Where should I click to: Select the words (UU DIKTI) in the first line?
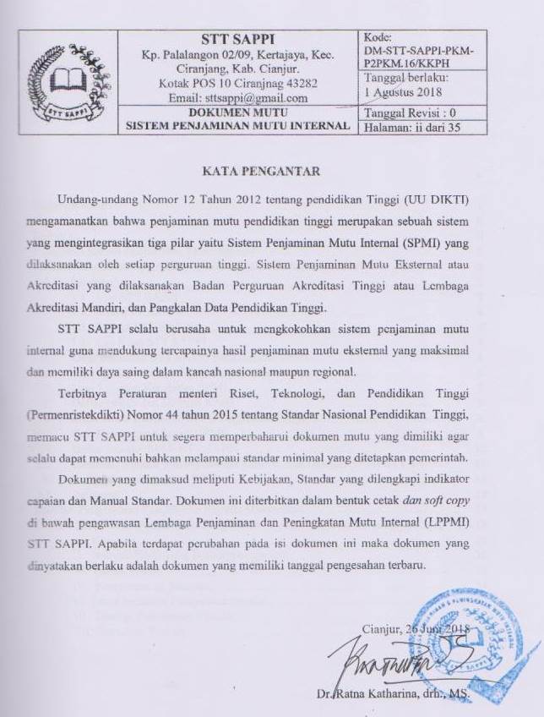click(454, 198)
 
